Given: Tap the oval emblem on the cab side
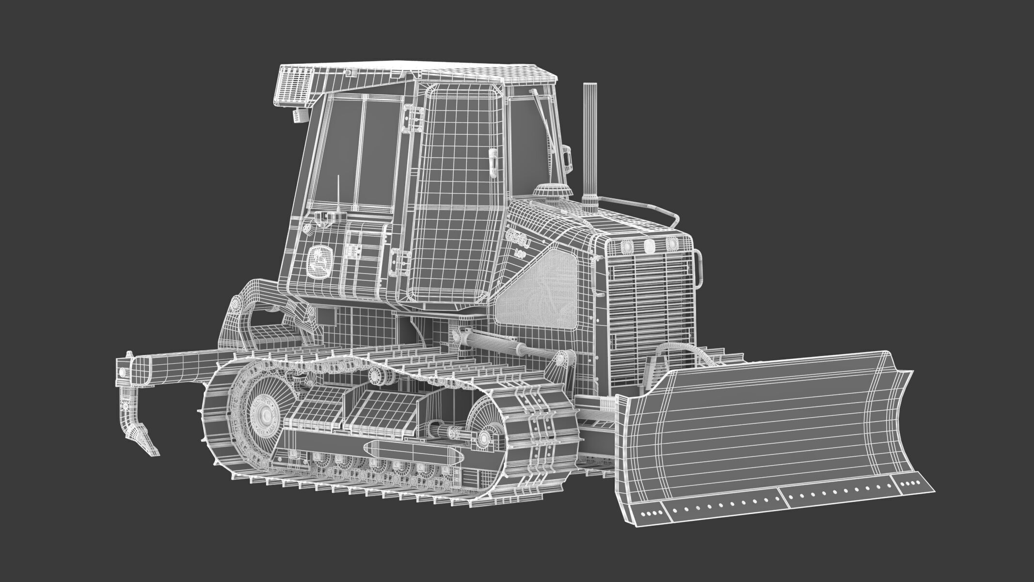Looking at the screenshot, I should [320, 261].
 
